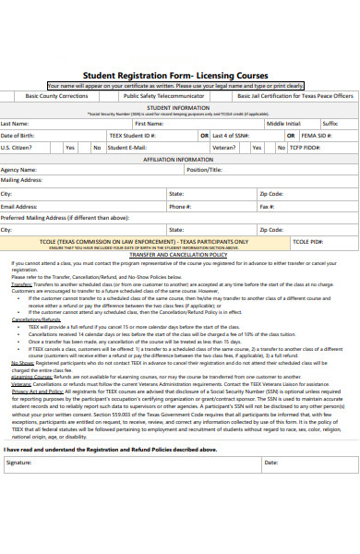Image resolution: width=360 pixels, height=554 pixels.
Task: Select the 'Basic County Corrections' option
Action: (57, 95)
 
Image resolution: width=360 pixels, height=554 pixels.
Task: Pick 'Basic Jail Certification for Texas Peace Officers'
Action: (294, 95)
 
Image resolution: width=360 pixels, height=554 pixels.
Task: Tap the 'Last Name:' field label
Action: (16, 123)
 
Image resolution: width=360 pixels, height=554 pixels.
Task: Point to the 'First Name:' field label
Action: (149, 123)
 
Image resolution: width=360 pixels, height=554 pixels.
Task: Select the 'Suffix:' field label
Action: (330, 123)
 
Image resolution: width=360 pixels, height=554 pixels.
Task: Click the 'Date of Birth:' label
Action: (18, 135)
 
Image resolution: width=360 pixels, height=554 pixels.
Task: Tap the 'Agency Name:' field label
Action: (18, 170)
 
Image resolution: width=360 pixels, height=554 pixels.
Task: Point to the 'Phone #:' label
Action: (179, 207)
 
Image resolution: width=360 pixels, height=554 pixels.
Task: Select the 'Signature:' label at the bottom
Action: (19, 488)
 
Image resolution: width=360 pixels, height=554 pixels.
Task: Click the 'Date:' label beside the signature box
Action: (270, 488)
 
